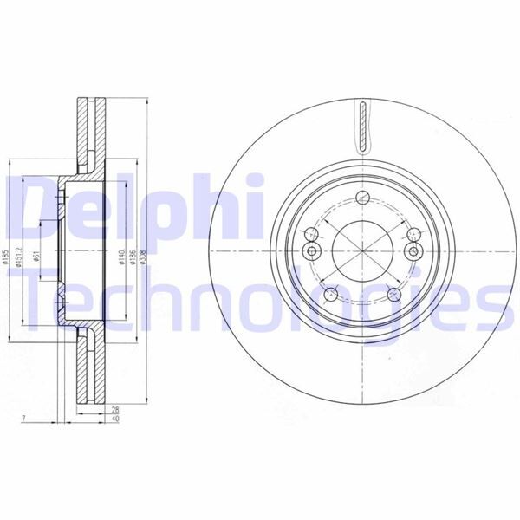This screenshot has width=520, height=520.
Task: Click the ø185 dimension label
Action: pyautogui.click(x=7, y=257)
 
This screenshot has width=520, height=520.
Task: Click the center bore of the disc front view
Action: pyautogui.click(x=360, y=251)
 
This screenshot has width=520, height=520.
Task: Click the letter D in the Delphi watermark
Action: pyautogui.click(x=35, y=208)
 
